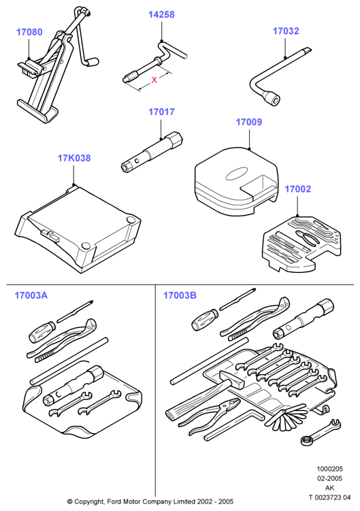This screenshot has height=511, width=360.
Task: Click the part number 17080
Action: click(29, 32)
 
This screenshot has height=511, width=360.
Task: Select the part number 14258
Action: click(161, 14)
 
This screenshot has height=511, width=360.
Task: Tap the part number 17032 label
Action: click(286, 31)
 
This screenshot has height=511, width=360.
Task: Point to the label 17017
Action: click(161, 112)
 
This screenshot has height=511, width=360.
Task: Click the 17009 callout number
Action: click(249, 122)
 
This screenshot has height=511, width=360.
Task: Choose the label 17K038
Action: click(74, 158)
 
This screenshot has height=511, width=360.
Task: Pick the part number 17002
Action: click(297, 189)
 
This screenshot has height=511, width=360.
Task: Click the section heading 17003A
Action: click(31, 295)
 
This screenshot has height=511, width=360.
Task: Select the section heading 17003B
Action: click(180, 295)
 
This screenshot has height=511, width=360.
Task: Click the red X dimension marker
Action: click(154, 80)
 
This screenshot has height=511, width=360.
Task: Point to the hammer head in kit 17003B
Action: click(232, 380)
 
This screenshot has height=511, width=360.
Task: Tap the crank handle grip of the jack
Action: click(93, 61)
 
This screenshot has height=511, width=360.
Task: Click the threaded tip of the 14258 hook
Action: click(130, 78)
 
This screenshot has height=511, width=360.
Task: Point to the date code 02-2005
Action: click(329, 478)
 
